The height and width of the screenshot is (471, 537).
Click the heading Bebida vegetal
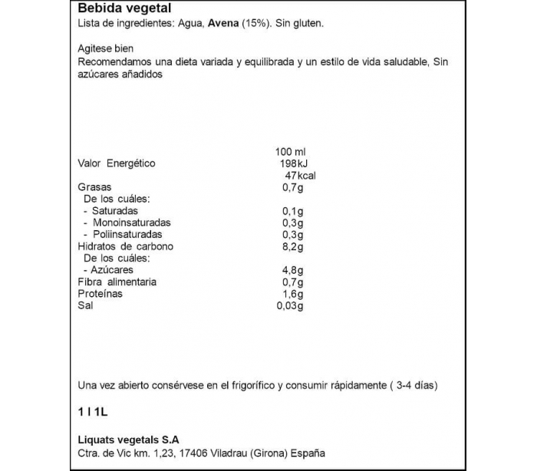tap(119, 9)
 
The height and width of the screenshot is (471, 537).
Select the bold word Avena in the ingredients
tap(222, 24)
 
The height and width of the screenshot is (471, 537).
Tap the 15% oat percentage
tap(255, 24)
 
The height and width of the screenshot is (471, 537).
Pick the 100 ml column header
tap(290, 151)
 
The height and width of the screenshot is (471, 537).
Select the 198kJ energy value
tap(292, 163)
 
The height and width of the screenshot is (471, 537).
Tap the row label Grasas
tap(94, 187)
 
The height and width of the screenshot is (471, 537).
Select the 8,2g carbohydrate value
tap(294, 247)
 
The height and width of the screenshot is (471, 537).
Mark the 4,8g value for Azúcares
tap(294, 271)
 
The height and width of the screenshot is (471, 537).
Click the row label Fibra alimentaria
tap(117, 282)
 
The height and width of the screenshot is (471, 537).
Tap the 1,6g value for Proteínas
tap(294, 295)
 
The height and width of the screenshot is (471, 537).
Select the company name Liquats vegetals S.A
tap(128, 440)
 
